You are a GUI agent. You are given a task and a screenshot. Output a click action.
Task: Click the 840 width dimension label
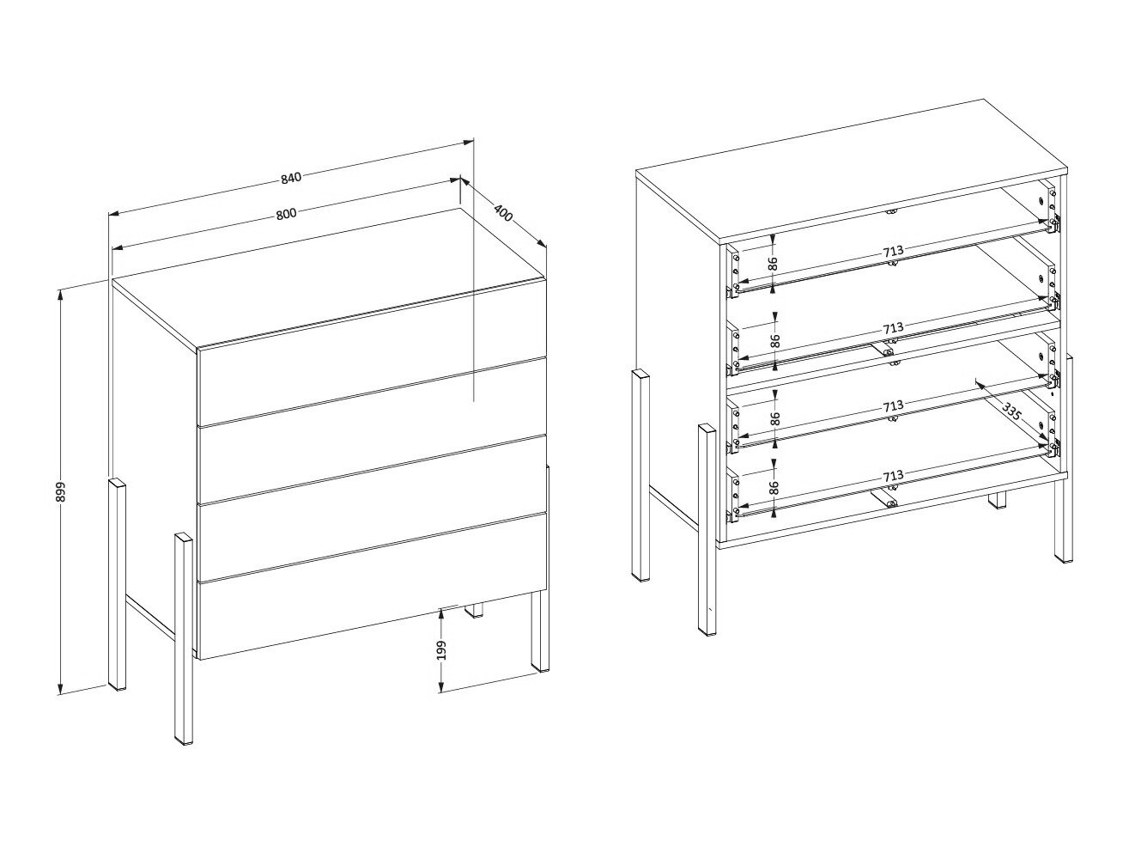(290, 178)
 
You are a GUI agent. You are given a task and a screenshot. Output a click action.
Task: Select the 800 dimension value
(286, 213)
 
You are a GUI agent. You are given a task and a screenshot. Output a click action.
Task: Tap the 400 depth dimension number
(503, 212)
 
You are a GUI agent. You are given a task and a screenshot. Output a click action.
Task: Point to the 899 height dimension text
(60, 492)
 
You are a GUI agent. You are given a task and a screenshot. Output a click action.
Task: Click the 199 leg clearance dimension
(441, 650)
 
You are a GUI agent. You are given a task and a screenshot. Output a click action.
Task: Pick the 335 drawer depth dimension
(1011, 411)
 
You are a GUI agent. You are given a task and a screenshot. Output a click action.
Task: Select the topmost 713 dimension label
(893, 252)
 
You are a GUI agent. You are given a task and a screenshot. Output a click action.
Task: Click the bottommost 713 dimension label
(893, 476)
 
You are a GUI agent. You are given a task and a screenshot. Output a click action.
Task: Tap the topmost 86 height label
(773, 264)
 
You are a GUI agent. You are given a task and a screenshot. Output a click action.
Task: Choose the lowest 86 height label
(774, 488)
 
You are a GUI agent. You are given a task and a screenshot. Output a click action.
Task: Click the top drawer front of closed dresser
(373, 354)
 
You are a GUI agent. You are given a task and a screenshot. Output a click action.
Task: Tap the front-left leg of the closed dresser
(184, 638)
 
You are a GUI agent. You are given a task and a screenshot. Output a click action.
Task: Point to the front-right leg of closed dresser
(540, 631)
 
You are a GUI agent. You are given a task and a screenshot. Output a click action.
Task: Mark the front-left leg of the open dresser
(707, 531)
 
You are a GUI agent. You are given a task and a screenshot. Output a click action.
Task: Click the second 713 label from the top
(893, 328)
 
